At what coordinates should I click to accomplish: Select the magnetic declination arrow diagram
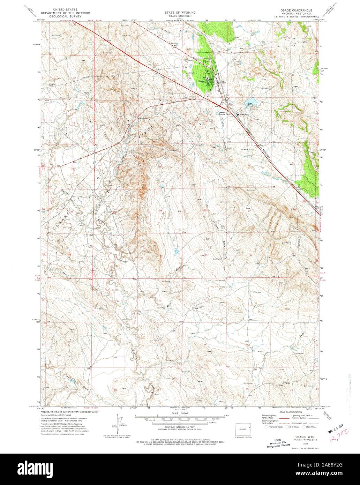point(120,424)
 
